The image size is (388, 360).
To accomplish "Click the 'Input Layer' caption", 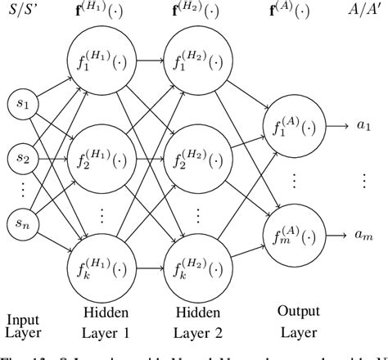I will (23, 326).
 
